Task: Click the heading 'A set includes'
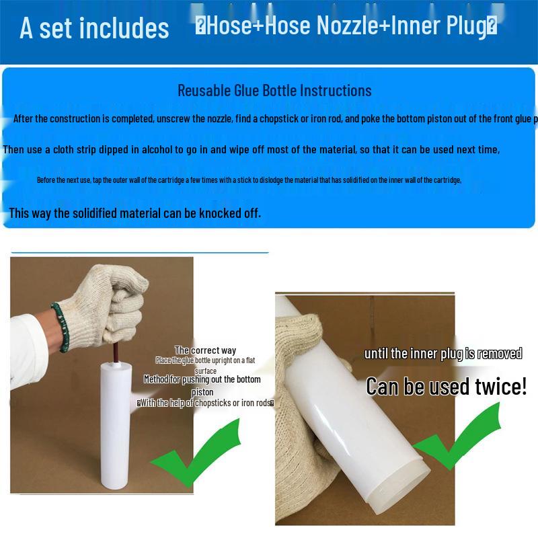coord(94,28)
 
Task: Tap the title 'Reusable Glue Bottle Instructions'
coord(274,90)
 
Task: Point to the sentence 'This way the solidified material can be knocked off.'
coord(134,213)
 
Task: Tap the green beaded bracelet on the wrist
coord(60,327)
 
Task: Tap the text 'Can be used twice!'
coord(446,387)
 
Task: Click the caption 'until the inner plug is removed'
coord(443,354)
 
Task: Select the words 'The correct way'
coord(205,350)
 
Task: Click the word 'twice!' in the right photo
coord(501,387)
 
